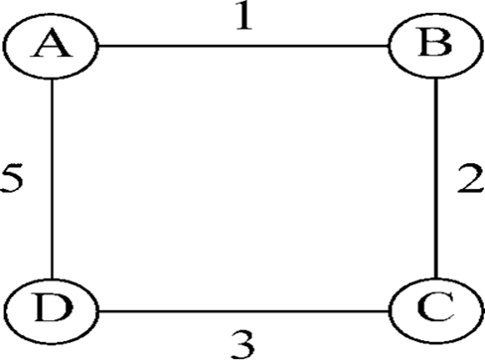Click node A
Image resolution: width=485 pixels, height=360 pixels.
(51, 46)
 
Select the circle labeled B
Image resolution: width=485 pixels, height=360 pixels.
(434, 46)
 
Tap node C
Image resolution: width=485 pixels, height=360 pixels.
(436, 311)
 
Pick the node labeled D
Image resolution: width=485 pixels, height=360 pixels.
(53, 311)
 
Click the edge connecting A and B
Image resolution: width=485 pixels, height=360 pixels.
(243, 46)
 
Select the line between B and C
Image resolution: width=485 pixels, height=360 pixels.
(436, 178)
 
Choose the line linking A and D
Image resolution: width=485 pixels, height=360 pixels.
(52, 179)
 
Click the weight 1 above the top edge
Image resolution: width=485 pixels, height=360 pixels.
(244, 17)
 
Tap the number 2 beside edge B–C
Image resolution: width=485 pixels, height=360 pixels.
(470, 178)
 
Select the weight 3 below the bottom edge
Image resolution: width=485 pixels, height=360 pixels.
(242, 345)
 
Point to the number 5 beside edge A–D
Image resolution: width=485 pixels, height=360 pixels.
(12, 178)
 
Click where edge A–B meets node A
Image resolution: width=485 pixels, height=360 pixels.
(98, 46)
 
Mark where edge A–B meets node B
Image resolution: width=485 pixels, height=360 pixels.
(389, 46)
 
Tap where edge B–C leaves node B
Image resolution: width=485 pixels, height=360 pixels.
(436, 79)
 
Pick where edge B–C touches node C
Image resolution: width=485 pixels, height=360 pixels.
(436, 278)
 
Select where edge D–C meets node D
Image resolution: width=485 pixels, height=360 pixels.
(99, 311)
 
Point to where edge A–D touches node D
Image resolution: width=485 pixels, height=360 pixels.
(52, 278)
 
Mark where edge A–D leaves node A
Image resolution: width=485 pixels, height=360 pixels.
(52, 79)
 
